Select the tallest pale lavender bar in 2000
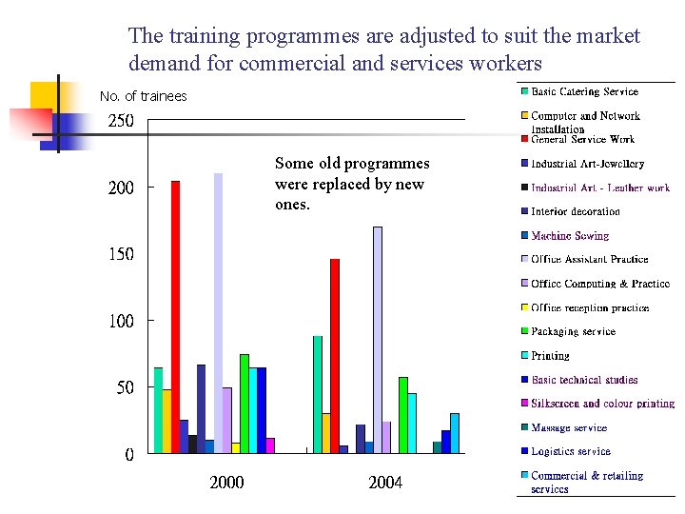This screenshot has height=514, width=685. [218, 313]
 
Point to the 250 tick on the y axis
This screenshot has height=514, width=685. [121, 122]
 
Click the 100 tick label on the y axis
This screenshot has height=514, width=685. [121, 322]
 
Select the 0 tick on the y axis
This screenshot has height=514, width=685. [128, 455]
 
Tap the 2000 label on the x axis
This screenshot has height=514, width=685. [226, 483]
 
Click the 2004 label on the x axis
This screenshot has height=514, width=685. [385, 483]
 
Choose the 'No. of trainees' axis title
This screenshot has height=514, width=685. [144, 96]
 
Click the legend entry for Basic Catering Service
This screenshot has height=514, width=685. [584, 92]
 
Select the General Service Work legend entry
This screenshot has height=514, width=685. [582, 140]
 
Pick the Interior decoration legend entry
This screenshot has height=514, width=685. [575, 212]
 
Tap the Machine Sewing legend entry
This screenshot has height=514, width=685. [569, 236]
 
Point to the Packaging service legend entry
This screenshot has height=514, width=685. [573, 332]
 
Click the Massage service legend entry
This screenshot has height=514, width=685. [568, 428]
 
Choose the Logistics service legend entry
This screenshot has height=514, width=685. [570, 452]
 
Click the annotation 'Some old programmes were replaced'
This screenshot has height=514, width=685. [351, 184]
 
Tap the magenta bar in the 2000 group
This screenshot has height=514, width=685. [270, 445]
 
